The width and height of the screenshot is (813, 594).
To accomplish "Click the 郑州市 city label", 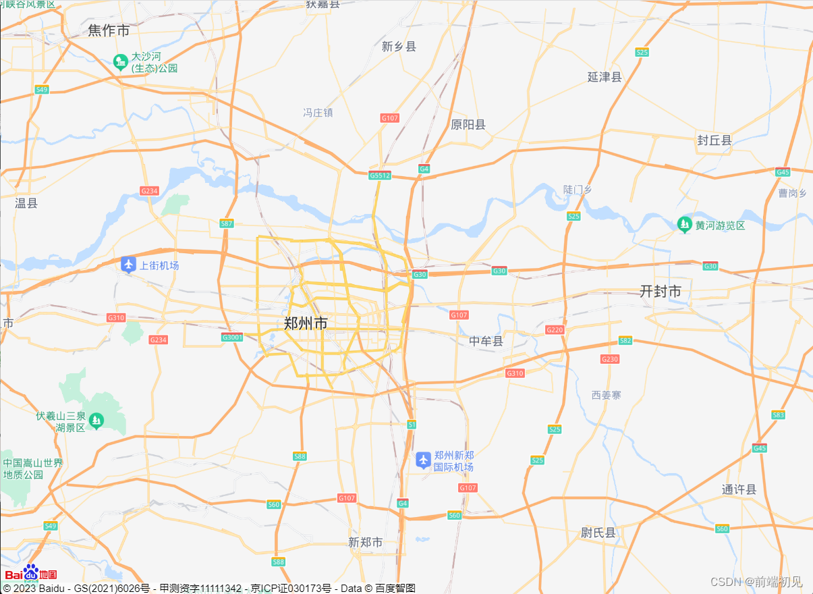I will pyautogui.click(x=306, y=323).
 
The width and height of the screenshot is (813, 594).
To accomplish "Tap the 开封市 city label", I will pyautogui.click(x=660, y=291).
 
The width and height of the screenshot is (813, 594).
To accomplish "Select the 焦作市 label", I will pyautogui.click(x=109, y=30).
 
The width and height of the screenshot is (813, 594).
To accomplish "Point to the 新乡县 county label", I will pyautogui.click(x=399, y=47).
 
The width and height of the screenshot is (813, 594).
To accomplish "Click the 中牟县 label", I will pyautogui.click(x=486, y=341).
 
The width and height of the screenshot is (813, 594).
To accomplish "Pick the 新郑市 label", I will pyautogui.click(x=366, y=542).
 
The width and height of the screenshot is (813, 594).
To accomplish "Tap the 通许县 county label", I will pyautogui.click(x=739, y=489).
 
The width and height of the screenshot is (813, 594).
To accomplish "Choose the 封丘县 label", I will pyautogui.click(x=714, y=140).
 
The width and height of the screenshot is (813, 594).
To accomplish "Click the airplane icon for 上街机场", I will pyautogui.click(x=129, y=265).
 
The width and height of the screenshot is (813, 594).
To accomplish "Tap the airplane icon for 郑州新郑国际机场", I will pyautogui.click(x=423, y=460).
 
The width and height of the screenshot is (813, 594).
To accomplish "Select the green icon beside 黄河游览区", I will pyautogui.click(x=685, y=224).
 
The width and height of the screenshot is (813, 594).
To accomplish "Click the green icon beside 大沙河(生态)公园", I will pyautogui.click(x=121, y=62).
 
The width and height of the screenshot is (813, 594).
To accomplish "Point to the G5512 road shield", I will pyautogui.click(x=380, y=175).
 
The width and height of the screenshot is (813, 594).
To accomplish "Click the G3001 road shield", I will pyautogui.click(x=232, y=337).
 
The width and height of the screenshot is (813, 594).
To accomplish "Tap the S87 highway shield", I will pyautogui.click(x=227, y=223).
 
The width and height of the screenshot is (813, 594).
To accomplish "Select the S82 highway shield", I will pyautogui.click(x=625, y=341).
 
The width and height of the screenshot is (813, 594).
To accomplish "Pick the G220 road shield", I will pyautogui.click(x=555, y=329).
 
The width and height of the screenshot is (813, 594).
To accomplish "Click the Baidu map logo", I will pyautogui.click(x=31, y=573).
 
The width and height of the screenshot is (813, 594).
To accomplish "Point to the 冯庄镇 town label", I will pyautogui.click(x=318, y=112).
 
